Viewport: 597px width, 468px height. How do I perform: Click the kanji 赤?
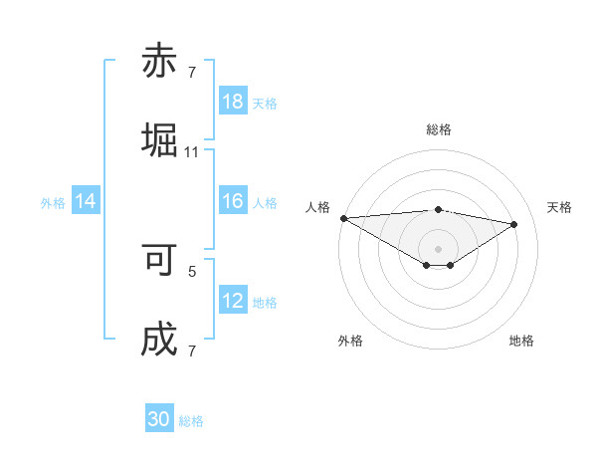pyautogui.click(x=160, y=62)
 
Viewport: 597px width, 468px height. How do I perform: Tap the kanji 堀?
pyautogui.click(x=160, y=140)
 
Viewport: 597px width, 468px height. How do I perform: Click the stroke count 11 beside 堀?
pyautogui.click(x=192, y=152)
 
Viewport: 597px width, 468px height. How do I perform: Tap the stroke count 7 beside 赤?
pyautogui.click(x=192, y=73)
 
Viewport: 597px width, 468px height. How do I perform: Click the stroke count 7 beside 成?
pyautogui.click(x=192, y=351)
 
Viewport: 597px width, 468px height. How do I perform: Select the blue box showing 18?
pyautogui.click(x=233, y=102)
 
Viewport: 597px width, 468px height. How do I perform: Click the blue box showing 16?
pyautogui.click(x=233, y=201)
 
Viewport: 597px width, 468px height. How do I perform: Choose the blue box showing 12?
pyautogui.click(x=233, y=301)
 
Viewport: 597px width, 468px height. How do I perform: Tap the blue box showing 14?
pyautogui.click(x=86, y=201)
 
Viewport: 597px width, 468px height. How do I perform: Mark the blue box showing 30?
pyautogui.click(x=159, y=419)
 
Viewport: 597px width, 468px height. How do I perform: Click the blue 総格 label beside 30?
pyautogui.click(x=191, y=421)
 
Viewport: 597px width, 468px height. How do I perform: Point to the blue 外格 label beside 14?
pyautogui.click(x=53, y=202)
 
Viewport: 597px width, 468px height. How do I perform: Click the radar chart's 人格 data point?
pyautogui.click(x=343, y=218)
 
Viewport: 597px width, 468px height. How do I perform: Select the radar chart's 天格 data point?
pyautogui.click(x=513, y=224)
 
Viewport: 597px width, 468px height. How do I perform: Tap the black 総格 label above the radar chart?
pyautogui.click(x=438, y=129)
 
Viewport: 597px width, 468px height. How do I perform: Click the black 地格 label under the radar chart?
pyautogui.click(x=521, y=341)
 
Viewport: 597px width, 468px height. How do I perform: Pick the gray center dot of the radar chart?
pyautogui.click(x=438, y=248)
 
